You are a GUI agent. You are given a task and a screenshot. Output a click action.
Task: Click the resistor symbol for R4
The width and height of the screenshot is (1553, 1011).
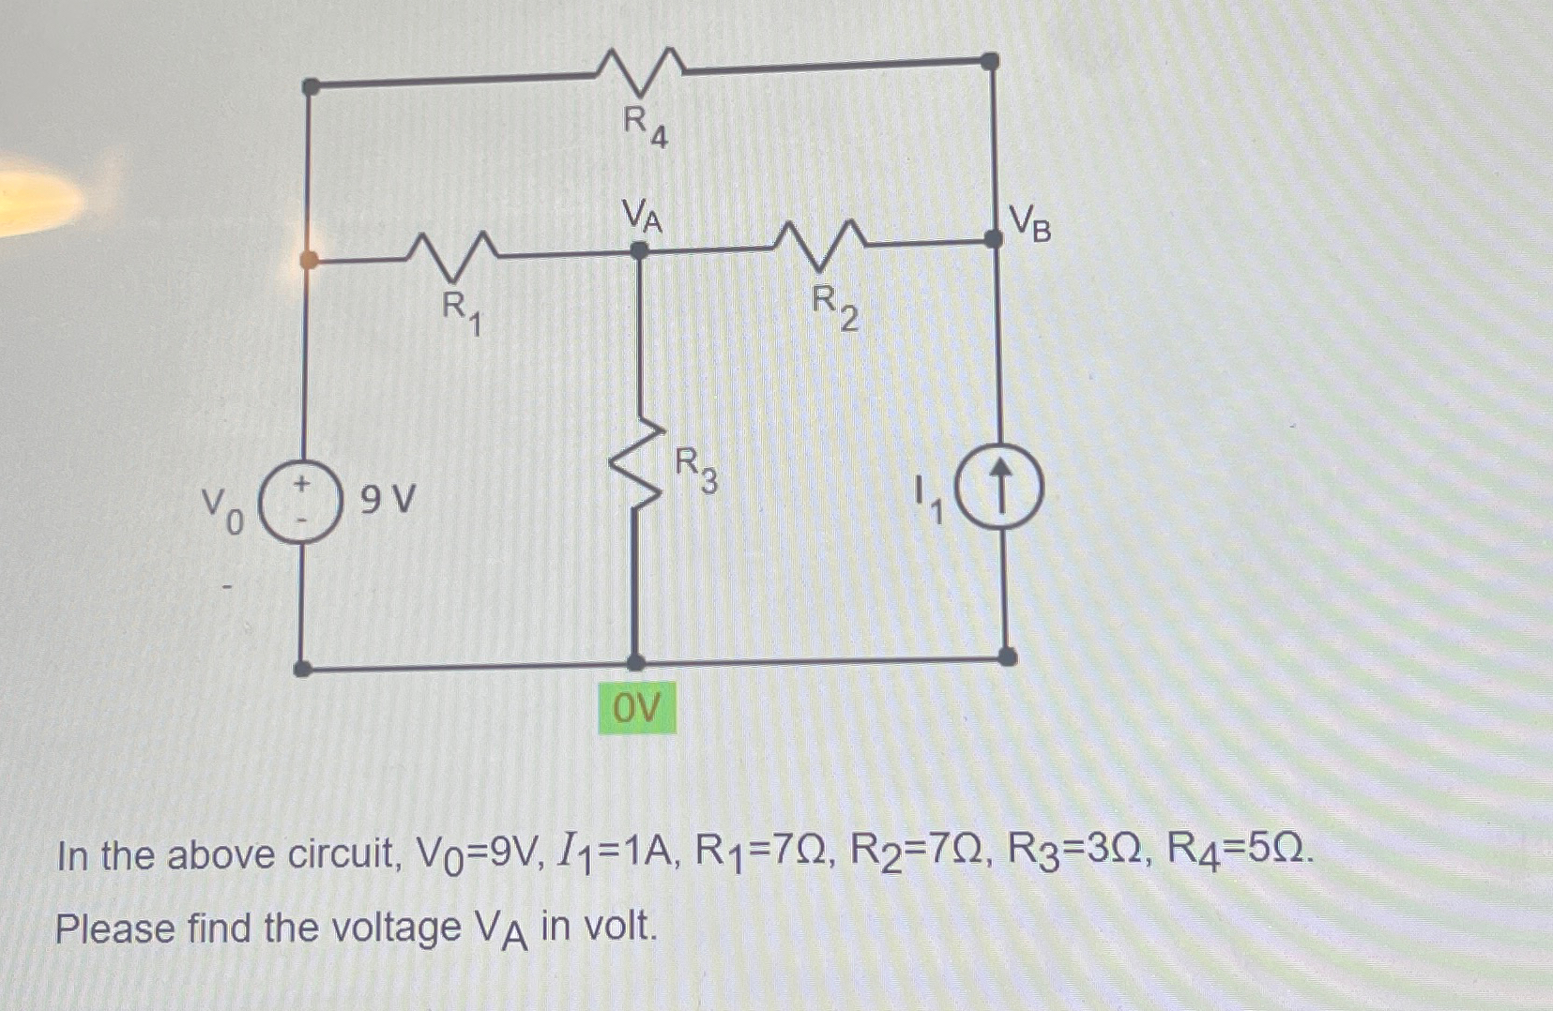point(641,69)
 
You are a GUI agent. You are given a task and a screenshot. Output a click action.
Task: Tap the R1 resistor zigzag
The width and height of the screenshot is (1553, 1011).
point(453,253)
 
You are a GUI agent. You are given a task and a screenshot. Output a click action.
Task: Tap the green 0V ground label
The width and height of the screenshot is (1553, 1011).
point(637,708)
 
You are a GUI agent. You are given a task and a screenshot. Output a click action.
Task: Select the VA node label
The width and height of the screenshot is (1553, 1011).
point(643,218)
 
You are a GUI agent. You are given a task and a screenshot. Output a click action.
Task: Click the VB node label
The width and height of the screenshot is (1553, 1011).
point(1030,224)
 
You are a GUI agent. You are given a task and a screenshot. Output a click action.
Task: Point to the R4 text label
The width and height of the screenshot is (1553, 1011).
point(647,127)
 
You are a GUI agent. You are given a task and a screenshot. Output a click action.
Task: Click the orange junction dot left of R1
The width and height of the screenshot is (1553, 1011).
point(309,259)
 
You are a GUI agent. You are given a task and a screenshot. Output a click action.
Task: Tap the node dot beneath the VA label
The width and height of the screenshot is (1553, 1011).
point(639,250)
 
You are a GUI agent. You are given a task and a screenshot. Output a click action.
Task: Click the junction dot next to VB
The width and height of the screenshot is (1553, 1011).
point(993,239)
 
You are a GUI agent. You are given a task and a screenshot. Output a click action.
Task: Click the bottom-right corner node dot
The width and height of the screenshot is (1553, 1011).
point(1007,656)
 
